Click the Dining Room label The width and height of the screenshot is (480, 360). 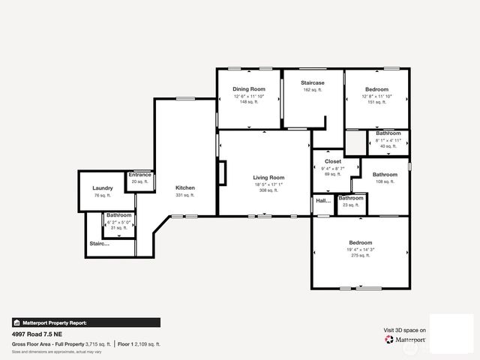pyautogui.click(x=249, y=89)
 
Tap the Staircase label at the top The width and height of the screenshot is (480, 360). pyautogui.click(x=312, y=82)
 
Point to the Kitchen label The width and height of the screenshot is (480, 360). pyautogui.click(x=184, y=187)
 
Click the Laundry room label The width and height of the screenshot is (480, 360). pyautogui.click(x=103, y=188)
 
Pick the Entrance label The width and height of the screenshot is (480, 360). pyautogui.click(x=139, y=175)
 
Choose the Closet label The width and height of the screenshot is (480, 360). pyautogui.click(x=333, y=161)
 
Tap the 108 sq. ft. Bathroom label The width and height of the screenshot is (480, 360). pyautogui.click(x=385, y=174)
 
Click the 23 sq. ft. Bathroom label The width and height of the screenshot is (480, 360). pyautogui.click(x=350, y=198)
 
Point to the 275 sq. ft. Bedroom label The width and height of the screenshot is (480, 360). pyautogui.click(x=361, y=242)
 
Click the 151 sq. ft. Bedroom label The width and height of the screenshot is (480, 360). pyautogui.click(x=376, y=89)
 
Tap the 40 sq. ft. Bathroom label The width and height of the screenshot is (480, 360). pyautogui.click(x=388, y=133)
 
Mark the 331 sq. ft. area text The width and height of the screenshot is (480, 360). pyautogui.click(x=184, y=195)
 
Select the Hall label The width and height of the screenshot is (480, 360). pyautogui.click(x=323, y=201)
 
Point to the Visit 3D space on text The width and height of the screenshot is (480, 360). pyautogui.click(x=405, y=330)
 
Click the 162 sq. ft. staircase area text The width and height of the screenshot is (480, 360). pyautogui.click(x=312, y=90)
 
